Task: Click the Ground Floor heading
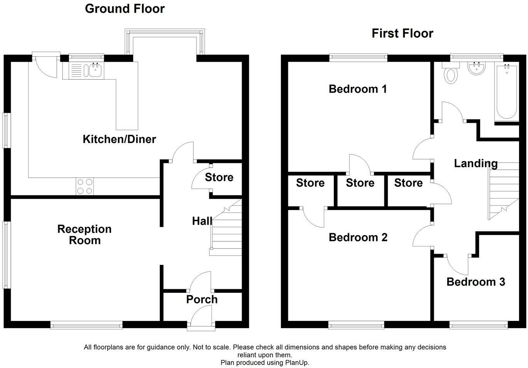point(125,9)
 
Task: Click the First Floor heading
point(402,33)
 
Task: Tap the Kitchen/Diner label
point(119,139)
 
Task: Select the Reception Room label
point(85,235)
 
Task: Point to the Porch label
point(202,299)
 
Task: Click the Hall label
point(202,221)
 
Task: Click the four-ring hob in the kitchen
point(85,187)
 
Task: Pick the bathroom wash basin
point(476,69)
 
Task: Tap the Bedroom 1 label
point(357,89)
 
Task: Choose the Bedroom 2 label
point(358,237)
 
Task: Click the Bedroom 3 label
point(476,282)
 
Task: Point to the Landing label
point(476,163)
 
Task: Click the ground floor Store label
point(219,177)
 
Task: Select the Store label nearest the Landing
point(408,183)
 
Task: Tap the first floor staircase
point(504,191)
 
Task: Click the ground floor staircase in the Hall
point(225,227)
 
